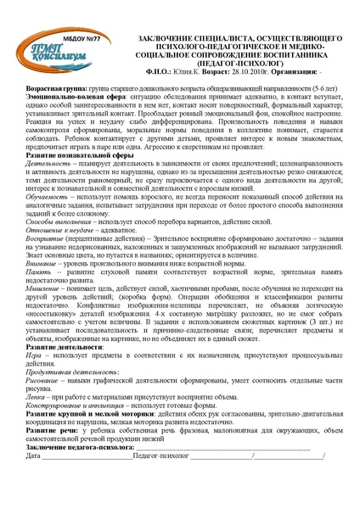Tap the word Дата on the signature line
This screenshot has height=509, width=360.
pyautogui.click(x=35, y=482)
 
